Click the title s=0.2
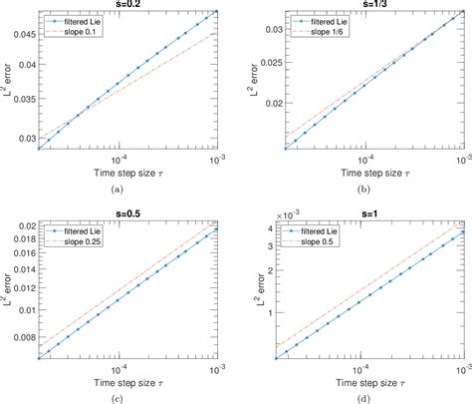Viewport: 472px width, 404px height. click(x=127, y=4)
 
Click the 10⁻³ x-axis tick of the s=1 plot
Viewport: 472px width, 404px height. click(x=460, y=368)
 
